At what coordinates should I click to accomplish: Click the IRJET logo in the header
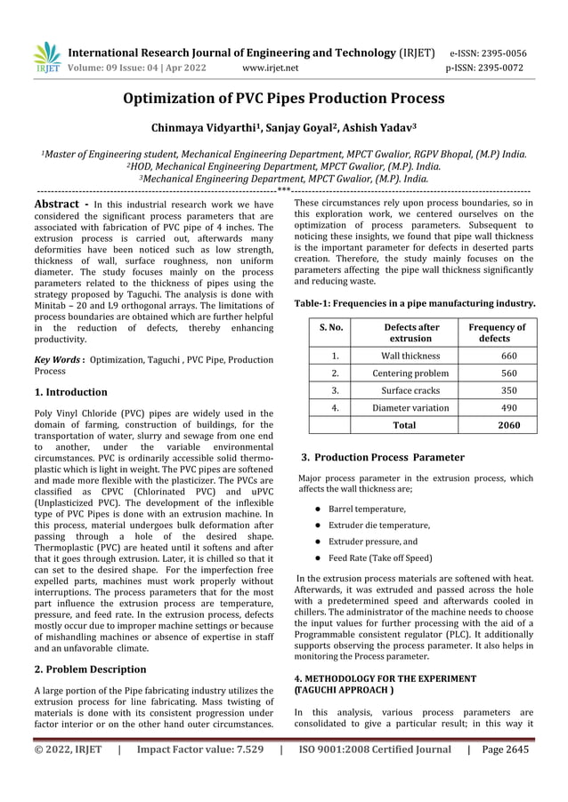(x=47, y=58)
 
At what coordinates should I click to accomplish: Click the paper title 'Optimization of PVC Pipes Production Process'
(x=284, y=99)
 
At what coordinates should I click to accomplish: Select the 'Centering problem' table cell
(x=410, y=373)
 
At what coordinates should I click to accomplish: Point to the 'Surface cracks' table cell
(x=410, y=390)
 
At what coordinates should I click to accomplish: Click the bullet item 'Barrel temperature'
(x=367, y=509)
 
